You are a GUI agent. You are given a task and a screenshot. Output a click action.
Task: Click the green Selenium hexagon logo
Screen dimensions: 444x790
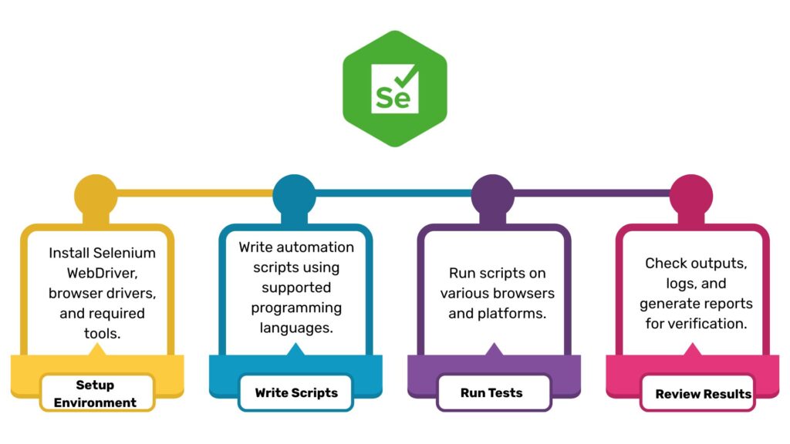(395, 89)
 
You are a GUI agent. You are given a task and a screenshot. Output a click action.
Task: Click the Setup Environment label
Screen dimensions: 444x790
(96, 393)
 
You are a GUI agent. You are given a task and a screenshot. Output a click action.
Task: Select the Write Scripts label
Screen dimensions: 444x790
(296, 392)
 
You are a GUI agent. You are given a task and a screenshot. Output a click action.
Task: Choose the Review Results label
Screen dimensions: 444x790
(703, 394)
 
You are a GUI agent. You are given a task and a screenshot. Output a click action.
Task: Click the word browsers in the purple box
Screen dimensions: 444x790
(525, 294)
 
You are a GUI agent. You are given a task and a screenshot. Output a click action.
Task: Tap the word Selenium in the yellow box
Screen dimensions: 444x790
(123, 252)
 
